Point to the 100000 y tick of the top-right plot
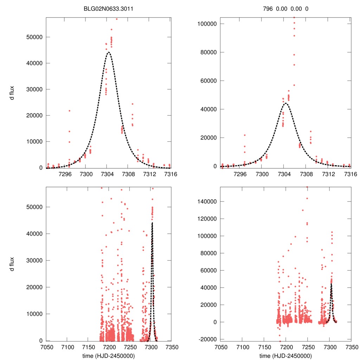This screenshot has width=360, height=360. click(x=206, y=24)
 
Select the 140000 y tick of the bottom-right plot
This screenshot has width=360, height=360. click(x=206, y=201)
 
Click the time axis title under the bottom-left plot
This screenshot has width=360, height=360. click(x=108, y=356)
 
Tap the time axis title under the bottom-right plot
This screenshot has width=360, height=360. click(x=285, y=356)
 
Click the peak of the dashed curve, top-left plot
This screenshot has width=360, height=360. click(x=108, y=52)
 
